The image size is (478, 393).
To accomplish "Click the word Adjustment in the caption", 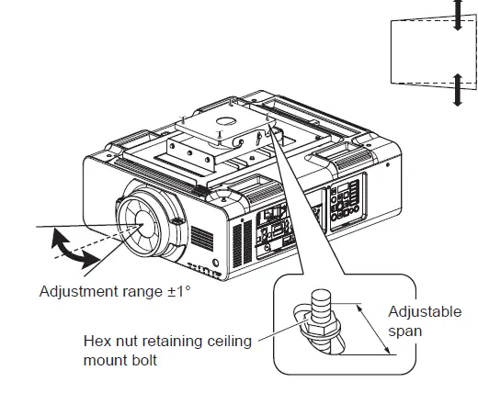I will (79, 292).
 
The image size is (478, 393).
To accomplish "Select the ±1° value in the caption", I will (180, 292).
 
